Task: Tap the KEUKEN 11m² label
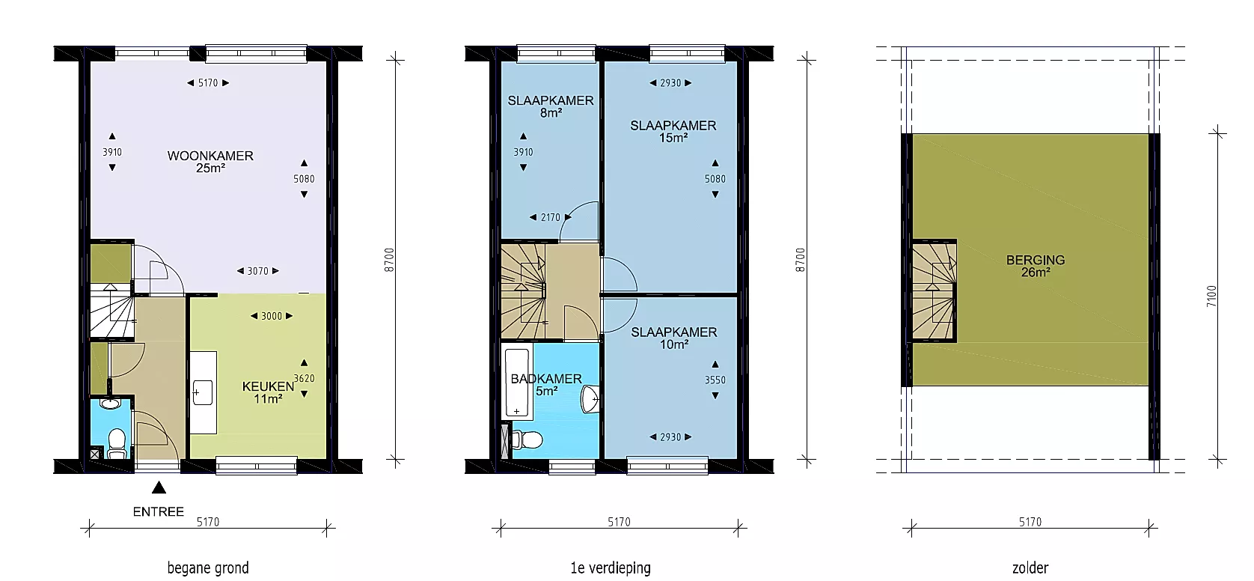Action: (268, 392)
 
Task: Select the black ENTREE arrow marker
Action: (159, 487)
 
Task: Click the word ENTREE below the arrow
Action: (159, 511)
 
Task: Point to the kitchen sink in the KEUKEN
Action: (203, 392)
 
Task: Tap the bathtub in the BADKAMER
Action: (517, 383)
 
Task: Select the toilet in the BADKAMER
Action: (526, 439)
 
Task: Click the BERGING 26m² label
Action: (1036, 266)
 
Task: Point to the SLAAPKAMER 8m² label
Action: (550, 106)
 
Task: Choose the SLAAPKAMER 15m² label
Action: (673, 131)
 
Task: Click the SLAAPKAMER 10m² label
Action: (674, 338)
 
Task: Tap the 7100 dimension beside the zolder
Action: (1211, 296)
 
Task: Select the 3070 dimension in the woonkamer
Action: (257, 271)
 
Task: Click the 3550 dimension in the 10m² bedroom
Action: (715, 380)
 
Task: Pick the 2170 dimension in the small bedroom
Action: (550, 217)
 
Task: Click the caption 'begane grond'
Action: (208, 568)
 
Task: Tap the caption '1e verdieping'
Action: (611, 568)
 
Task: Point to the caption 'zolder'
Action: (1030, 568)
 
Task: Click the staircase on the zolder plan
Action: (934, 290)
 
